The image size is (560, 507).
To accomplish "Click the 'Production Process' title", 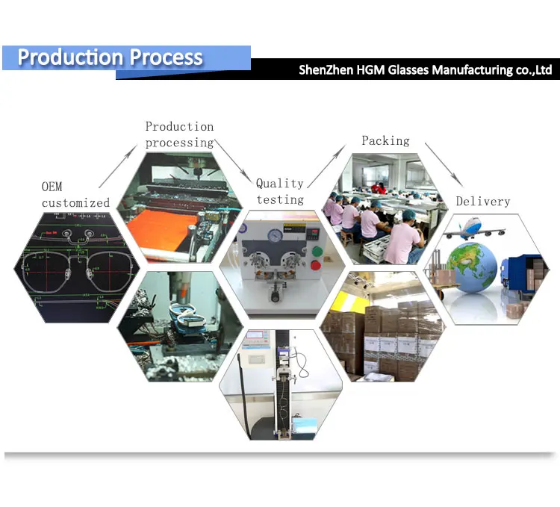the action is tap(110, 57).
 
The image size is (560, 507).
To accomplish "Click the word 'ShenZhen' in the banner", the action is tap(326, 70).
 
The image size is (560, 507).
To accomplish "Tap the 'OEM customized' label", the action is tap(75, 195).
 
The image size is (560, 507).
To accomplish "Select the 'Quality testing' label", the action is tap(280, 191).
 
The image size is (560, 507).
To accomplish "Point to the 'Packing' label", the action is tap(386, 140).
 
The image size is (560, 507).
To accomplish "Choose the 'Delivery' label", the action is tap(483, 202).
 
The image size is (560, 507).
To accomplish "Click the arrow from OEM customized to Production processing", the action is tap(118, 167).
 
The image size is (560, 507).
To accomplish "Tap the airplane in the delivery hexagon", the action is tap(474, 229).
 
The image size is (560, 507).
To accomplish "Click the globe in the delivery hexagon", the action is tap(471, 267).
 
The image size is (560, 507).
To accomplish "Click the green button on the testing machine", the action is tap(317, 252).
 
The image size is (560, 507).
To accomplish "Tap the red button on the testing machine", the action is tap(316, 265).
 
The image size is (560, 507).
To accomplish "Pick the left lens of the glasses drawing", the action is tap(46, 270).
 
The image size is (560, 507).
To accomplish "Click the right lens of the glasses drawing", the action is tap(109, 270).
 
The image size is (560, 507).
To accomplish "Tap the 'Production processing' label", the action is tap(179, 134).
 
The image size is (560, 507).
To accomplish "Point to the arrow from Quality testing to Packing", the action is tap(327, 166).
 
